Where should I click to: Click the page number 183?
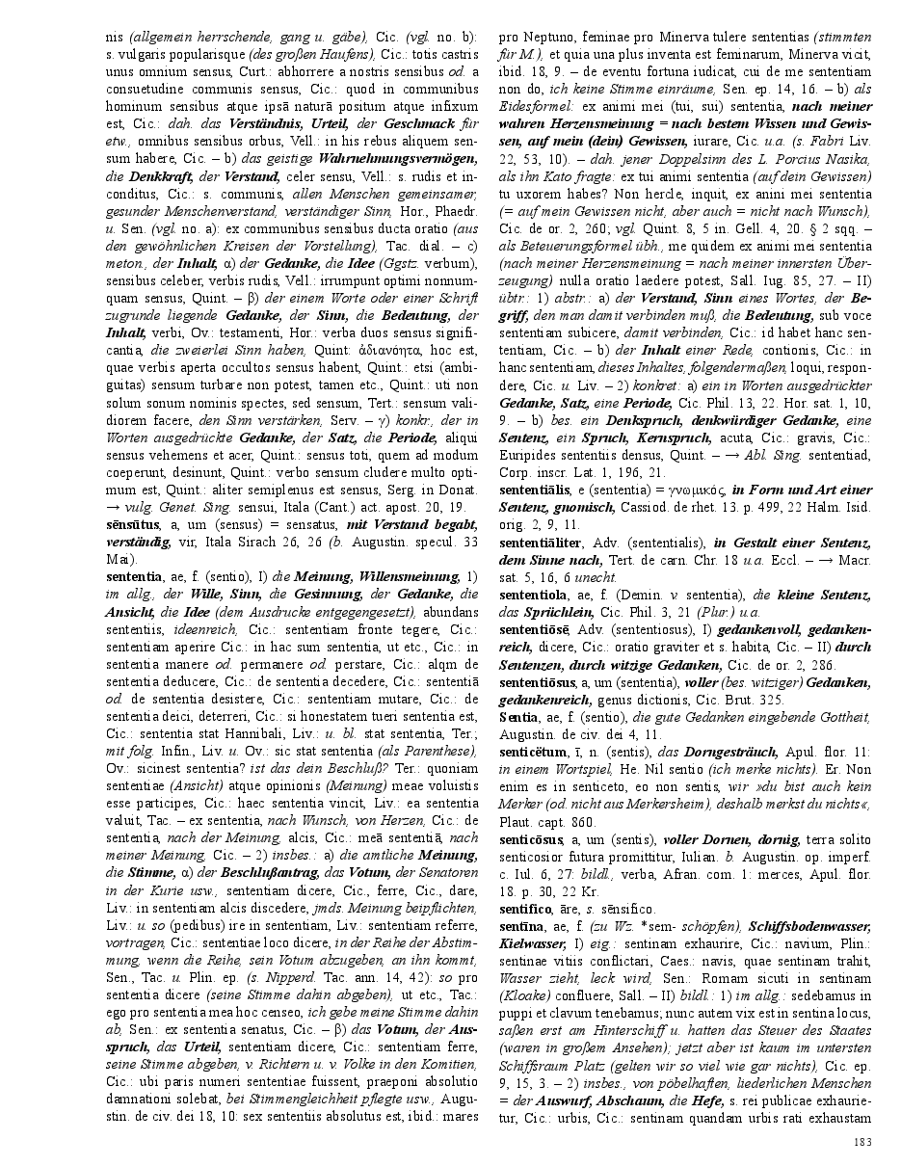[x=862, y=1142]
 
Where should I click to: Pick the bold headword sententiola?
[x=535, y=596]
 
